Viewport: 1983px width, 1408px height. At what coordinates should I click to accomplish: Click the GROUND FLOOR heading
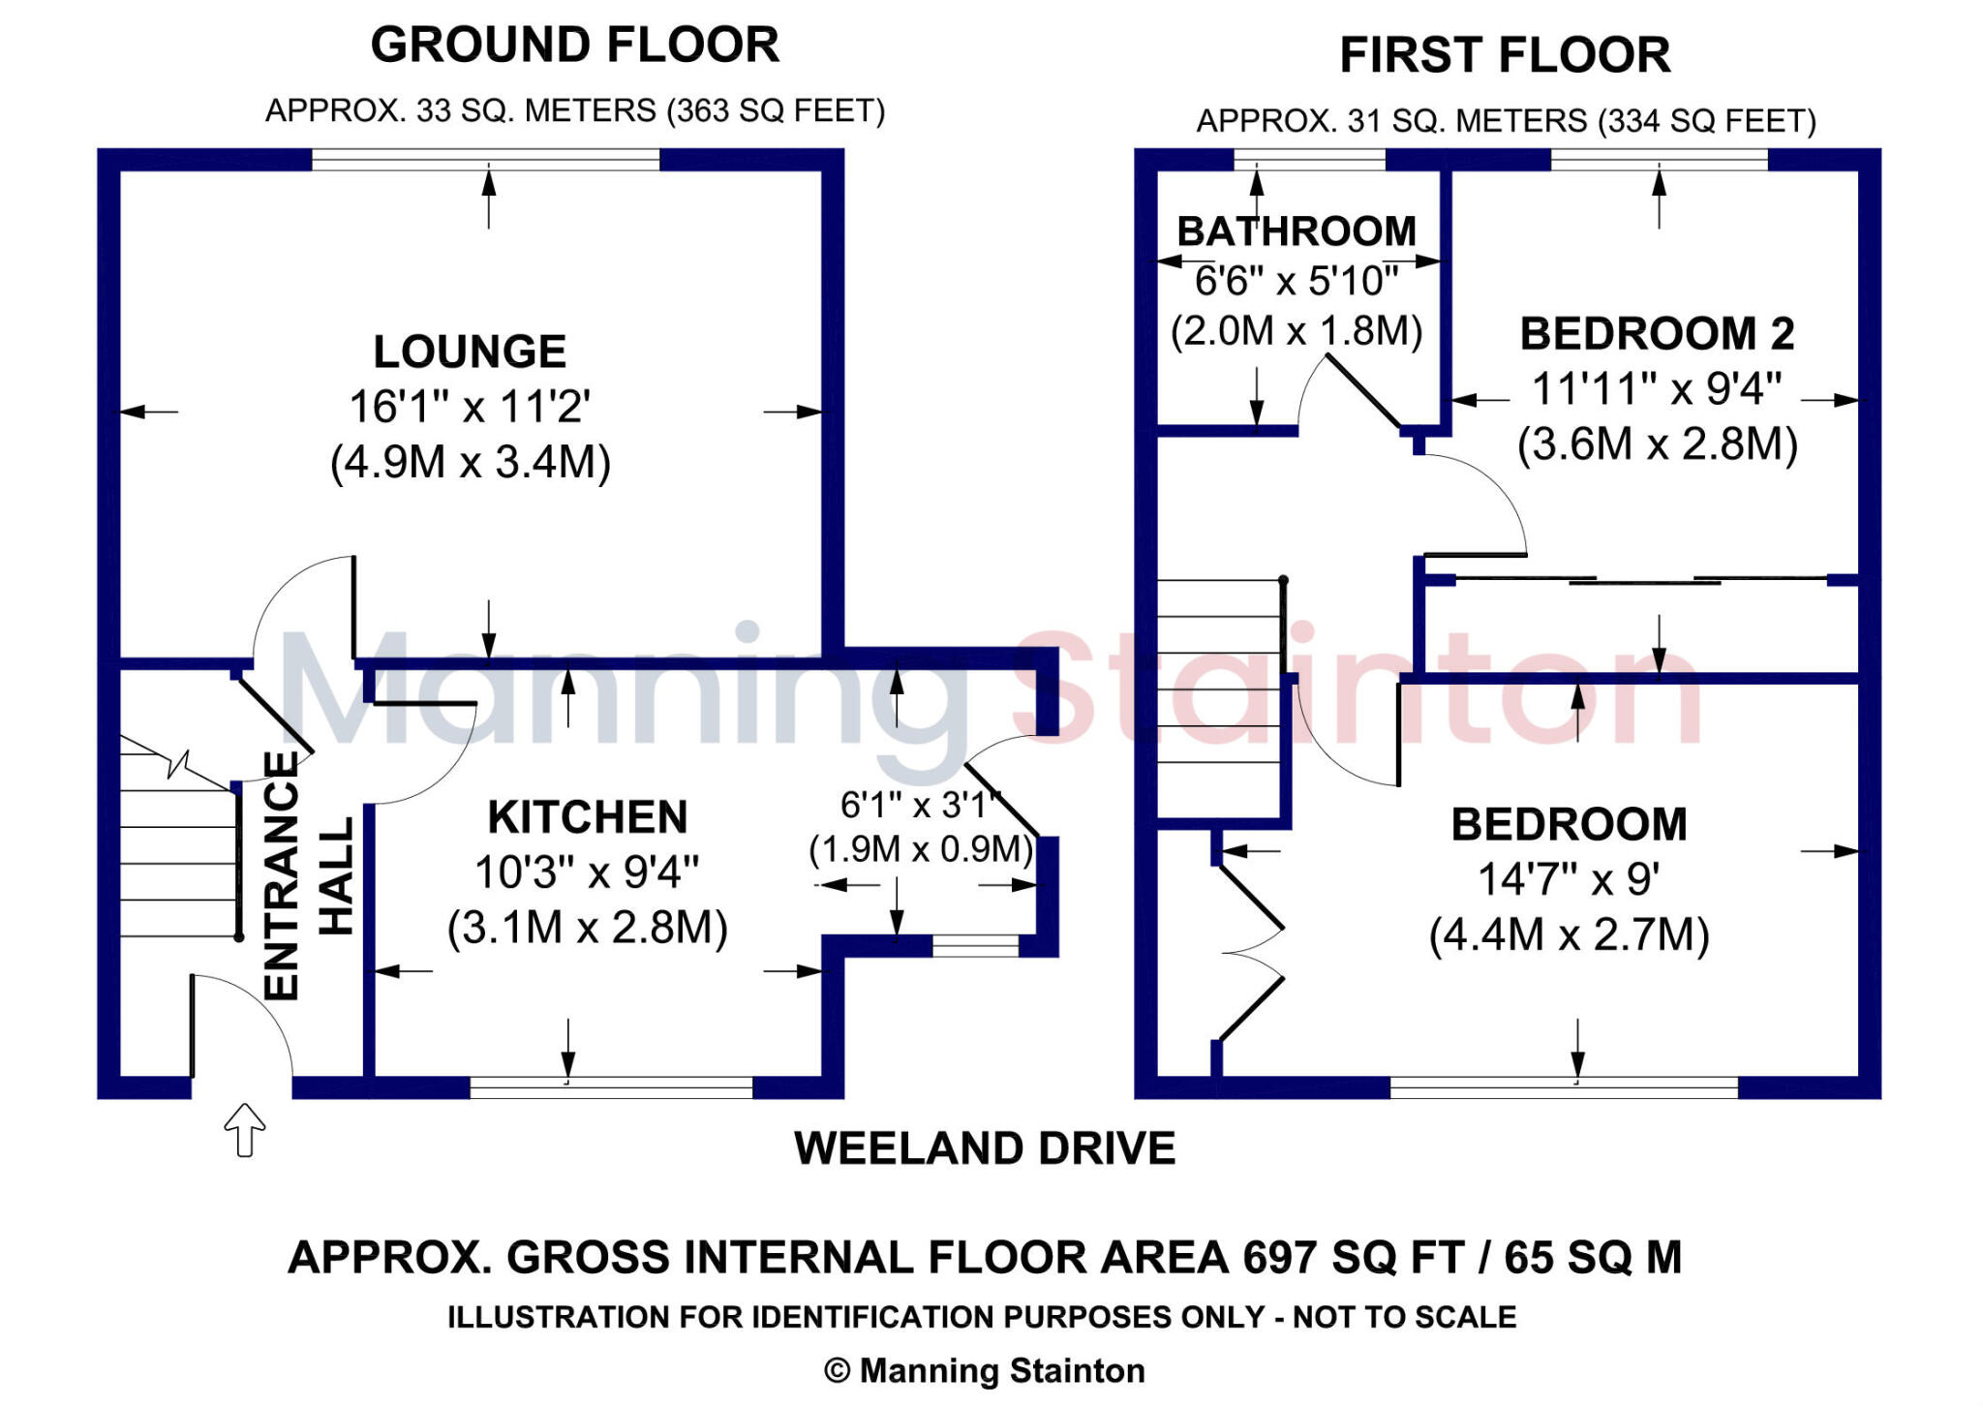[574, 46]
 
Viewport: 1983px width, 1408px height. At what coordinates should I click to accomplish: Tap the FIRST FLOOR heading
[1505, 55]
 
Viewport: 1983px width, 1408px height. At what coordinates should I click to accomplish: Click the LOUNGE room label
[470, 352]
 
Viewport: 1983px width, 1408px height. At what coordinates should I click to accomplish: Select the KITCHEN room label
[588, 817]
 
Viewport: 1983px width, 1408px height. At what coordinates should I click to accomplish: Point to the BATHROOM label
[1297, 231]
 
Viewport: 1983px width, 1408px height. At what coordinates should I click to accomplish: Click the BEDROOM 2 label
[1657, 334]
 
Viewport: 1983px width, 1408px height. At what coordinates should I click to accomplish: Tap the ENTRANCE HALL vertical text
[308, 875]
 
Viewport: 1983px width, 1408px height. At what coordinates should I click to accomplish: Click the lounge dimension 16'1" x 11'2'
[470, 407]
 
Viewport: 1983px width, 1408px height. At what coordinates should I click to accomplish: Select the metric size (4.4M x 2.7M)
[1569, 934]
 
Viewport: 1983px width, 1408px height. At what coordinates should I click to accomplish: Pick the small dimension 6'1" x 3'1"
[919, 805]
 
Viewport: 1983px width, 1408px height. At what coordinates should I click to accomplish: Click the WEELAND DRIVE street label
[985, 1148]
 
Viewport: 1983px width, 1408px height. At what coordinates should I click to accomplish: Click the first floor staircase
[1220, 697]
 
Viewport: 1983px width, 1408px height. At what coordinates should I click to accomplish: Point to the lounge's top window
[485, 160]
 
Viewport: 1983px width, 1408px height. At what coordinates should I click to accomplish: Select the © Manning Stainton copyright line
[985, 1370]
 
